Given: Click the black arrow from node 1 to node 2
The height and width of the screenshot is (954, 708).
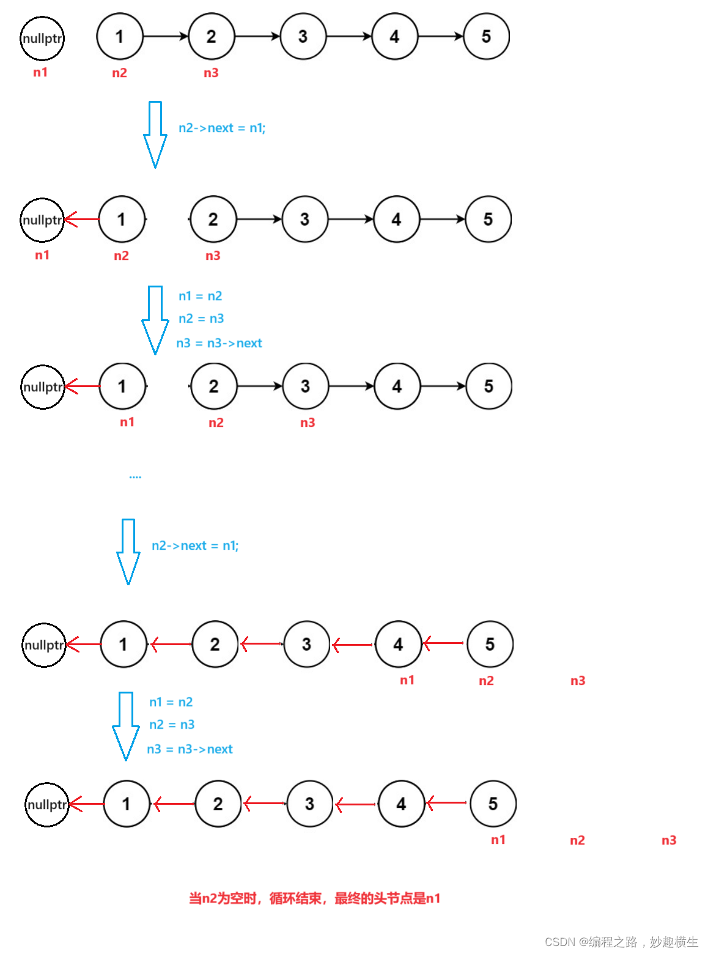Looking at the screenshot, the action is tap(166, 37).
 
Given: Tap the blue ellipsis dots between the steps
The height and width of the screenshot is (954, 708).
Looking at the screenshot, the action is tap(135, 476).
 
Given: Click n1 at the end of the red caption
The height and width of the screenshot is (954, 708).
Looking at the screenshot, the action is tap(433, 898).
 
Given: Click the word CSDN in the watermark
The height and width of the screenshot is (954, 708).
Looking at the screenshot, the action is tap(560, 942).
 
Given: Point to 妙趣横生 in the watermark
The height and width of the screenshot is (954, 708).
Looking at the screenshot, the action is tap(674, 942).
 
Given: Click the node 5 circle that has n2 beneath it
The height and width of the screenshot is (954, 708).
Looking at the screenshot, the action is tap(490, 644).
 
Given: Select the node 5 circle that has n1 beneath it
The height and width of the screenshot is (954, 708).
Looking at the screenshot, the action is tap(493, 804).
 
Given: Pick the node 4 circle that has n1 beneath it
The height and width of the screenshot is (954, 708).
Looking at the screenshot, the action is tap(398, 644).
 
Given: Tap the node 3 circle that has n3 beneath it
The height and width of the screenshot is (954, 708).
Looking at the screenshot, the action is tap(305, 386).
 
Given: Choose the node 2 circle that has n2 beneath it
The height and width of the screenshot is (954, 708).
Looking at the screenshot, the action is tap(213, 386).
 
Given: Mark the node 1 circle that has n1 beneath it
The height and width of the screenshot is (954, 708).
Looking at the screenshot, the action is tap(122, 386).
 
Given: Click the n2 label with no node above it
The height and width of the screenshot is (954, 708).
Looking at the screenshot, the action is tap(577, 840).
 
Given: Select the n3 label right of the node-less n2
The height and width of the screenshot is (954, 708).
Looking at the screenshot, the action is tap(669, 840).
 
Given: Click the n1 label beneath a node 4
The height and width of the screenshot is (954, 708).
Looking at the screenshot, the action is tap(407, 680).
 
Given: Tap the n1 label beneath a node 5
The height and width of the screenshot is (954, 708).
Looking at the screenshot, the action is tap(498, 840).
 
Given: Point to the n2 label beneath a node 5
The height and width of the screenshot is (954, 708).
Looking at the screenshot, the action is tap(486, 681).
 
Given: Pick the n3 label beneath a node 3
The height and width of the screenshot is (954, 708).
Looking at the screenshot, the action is tap(308, 423).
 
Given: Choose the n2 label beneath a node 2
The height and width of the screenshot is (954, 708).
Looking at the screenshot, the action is tap(216, 423).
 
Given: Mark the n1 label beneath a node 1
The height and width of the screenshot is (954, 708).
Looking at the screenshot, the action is tap(127, 422).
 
